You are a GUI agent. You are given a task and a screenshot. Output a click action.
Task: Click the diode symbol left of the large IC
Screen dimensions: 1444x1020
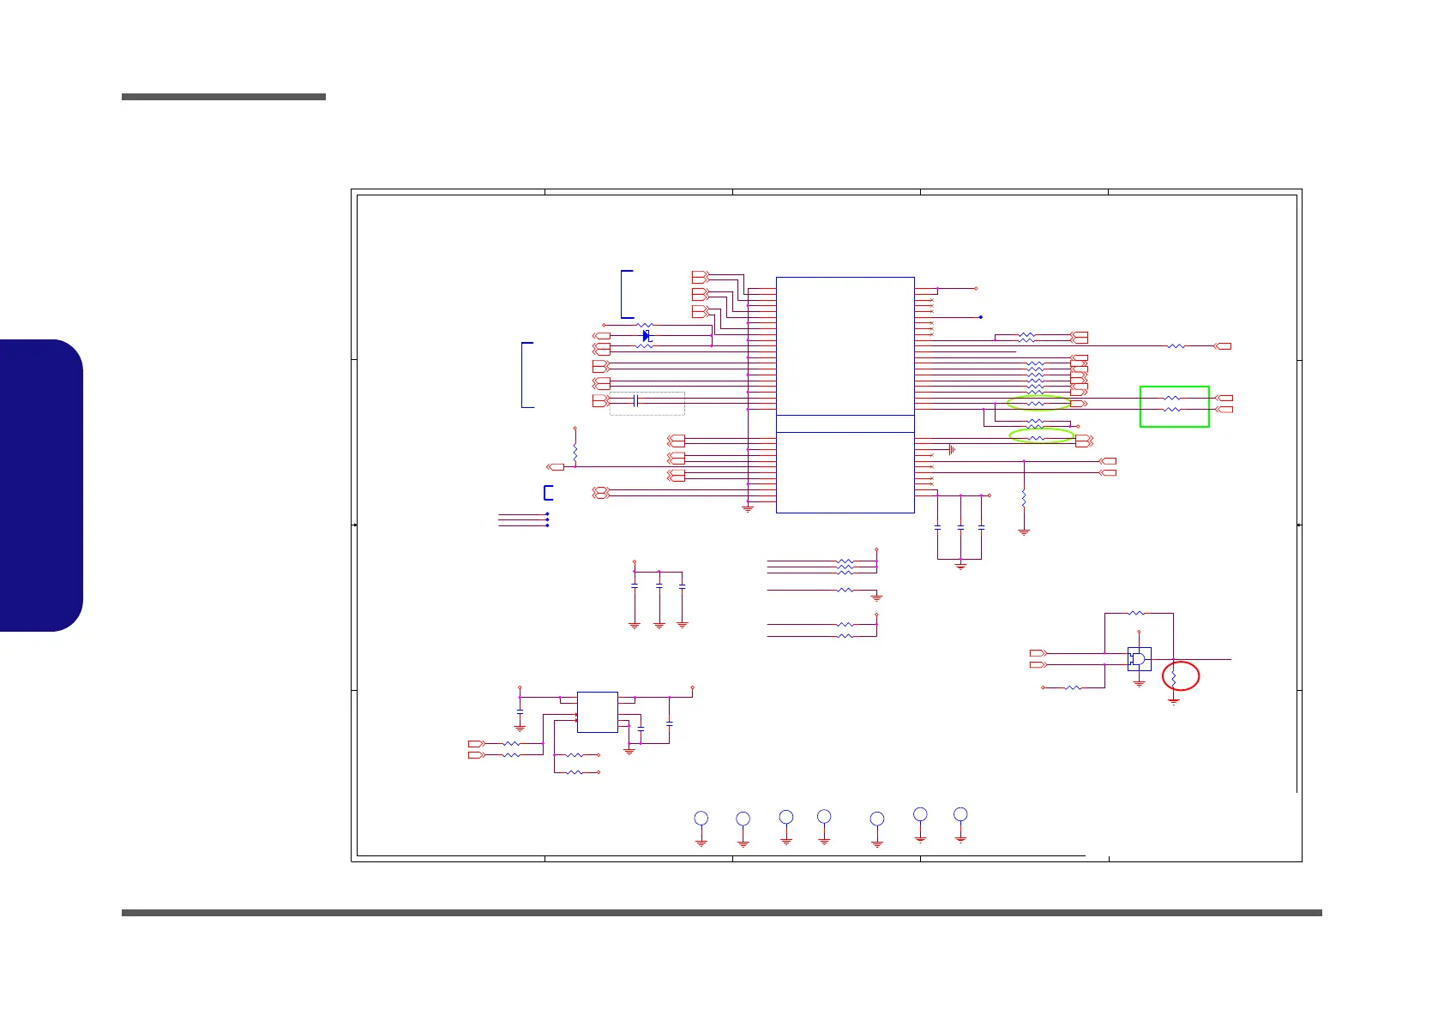[x=647, y=335]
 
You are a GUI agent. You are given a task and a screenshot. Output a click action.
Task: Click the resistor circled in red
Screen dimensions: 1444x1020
[x=1174, y=679]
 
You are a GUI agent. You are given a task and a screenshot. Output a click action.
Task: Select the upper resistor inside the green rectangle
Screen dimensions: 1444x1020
[x=1172, y=398]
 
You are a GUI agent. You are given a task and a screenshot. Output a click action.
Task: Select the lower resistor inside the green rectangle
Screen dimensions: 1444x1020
[x=1172, y=410]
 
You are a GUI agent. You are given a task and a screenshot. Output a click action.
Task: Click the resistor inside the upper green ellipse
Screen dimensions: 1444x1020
[x=1036, y=403]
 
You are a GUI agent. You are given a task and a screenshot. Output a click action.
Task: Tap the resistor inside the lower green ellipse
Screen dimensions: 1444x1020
[x=1037, y=437]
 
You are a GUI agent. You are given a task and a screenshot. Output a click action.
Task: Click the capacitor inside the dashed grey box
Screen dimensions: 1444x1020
[x=636, y=401]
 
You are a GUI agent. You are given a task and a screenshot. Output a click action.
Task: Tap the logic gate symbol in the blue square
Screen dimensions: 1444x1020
[x=1139, y=659]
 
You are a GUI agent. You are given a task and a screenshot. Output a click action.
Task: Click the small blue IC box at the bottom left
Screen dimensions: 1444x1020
[x=597, y=712]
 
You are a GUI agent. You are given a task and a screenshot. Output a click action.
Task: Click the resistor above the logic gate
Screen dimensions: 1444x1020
[x=1136, y=613]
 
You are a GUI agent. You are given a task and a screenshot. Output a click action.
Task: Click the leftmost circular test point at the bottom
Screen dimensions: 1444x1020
[x=701, y=818]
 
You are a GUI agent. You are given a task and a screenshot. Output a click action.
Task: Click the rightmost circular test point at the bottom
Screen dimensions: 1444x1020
[x=960, y=814]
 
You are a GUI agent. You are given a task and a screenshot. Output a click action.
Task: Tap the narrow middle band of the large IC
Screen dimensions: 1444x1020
[x=845, y=423]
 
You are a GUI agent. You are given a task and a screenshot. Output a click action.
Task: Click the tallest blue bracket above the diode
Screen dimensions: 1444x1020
[x=626, y=294]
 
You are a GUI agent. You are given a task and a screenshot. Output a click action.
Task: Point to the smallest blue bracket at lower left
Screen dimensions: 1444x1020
[x=548, y=493]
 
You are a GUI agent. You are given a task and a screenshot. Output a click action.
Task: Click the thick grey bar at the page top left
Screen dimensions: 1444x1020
[x=224, y=97]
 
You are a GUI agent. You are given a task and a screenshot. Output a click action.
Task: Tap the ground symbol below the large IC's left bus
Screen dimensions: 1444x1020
[x=748, y=509]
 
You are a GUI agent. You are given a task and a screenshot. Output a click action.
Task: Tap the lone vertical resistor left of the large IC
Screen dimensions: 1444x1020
[x=575, y=450]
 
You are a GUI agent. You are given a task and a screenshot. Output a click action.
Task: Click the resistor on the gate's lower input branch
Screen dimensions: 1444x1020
[x=1073, y=687]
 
